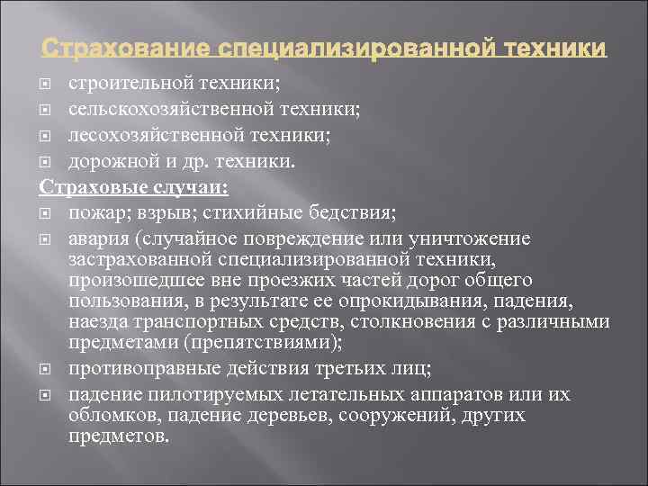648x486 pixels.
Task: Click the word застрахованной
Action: (x=138, y=259)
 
